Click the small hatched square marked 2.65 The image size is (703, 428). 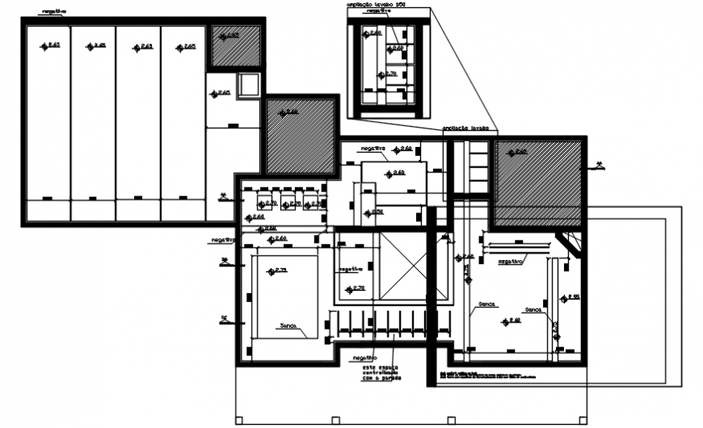tap(236, 47)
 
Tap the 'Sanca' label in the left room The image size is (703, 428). tap(288, 326)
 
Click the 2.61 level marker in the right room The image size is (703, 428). tap(511, 321)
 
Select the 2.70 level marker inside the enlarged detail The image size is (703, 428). tap(388, 73)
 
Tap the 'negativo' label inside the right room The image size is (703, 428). tap(511, 262)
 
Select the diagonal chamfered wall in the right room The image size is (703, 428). tap(569, 243)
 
